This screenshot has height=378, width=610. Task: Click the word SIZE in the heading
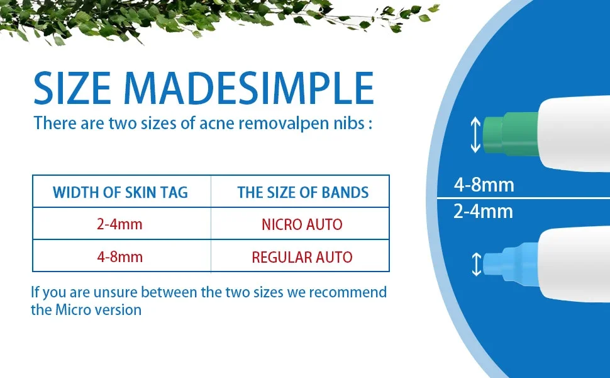72,88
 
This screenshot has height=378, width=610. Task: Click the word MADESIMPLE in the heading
248,88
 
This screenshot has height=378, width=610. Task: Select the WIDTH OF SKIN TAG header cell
120,192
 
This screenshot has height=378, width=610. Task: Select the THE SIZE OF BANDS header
303,193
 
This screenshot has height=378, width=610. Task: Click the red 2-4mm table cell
119,224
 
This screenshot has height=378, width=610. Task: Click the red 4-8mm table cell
120,257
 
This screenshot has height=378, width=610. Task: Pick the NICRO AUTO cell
302,224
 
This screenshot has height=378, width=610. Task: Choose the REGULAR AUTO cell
302,257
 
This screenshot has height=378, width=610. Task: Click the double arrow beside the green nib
475,135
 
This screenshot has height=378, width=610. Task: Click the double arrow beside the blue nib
477,264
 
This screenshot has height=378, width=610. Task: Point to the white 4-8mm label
484,185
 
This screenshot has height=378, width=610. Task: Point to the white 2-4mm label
483,211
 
